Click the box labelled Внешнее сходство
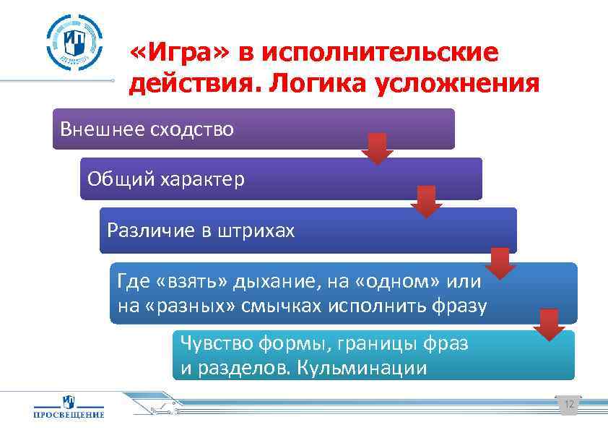[x=253, y=129]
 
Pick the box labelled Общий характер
[x=280, y=179]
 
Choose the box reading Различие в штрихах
[x=308, y=231]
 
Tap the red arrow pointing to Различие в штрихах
[x=426, y=202]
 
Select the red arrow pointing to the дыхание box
[x=500, y=263]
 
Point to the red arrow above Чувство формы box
[x=550, y=324]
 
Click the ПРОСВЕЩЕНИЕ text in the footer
[x=69, y=415]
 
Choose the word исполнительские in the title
[x=380, y=52]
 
